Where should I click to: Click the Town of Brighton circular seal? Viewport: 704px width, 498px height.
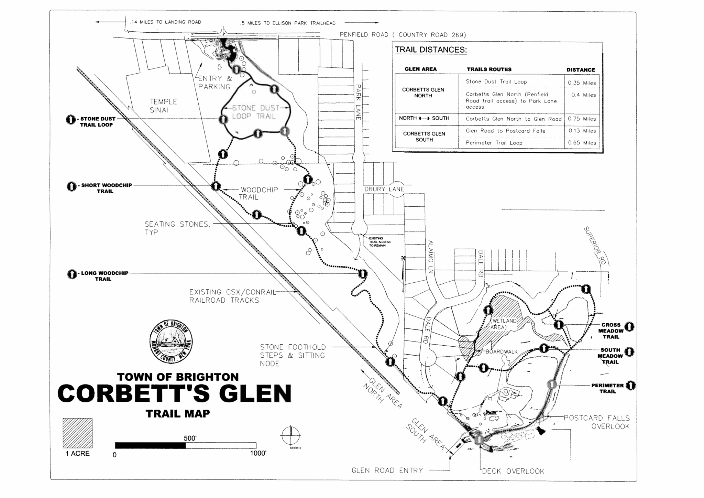pyautogui.click(x=171, y=340)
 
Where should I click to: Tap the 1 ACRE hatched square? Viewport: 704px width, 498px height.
pyautogui.click(x=77, y=433)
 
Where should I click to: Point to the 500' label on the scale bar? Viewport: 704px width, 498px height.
pyautogui.click(x=190, y=438)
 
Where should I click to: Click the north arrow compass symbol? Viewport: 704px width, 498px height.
pyautogui.click(x=291, y=435)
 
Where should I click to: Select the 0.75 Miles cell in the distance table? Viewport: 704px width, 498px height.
pyautogui.click(x=582, y=119)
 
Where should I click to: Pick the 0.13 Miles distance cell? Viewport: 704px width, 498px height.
pyautogui.click(x=582, y=131)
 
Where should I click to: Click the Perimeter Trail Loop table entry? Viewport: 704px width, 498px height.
pyautogui.click(x=494, y=143)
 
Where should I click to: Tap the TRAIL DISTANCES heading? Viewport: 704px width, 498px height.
pyautogui.click(x=430, y=50)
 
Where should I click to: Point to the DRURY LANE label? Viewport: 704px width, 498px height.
pyautogui.click(x=384, y=189)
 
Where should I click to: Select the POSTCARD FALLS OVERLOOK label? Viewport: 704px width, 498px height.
pyautogui.click(x=597, y=422)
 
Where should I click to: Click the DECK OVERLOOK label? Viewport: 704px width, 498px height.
pyautogui.click(x=513, y=471)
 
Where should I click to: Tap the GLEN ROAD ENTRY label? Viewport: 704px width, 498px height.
pyautogui.click(x=387, y=470)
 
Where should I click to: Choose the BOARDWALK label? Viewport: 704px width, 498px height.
pyautogui.click(x=502, y=351)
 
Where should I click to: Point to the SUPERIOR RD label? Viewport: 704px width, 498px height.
pyautogui.click(x=595, y=246)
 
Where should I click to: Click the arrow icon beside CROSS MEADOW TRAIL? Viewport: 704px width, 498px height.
pyautogui.click(x=629, y=326)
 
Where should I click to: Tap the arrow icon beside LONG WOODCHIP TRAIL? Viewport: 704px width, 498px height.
pyautogui.click(x=72, y=274)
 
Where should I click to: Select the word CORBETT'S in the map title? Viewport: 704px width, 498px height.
pyautogui.click(x=134, y=393)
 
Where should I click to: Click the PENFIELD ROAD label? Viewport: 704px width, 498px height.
pyautogui.click(x=403, y=35)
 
